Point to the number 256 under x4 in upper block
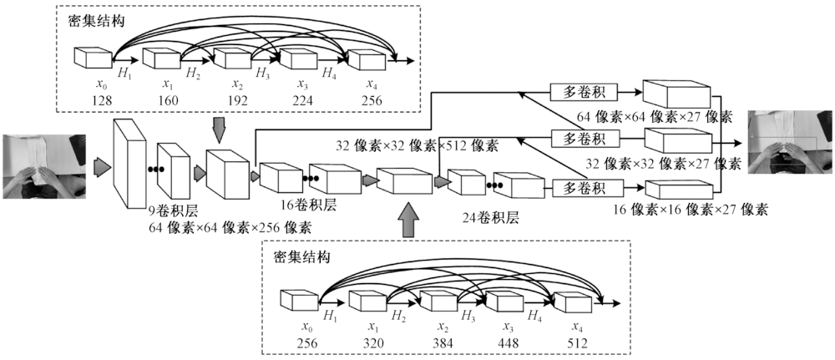(x=371, y=100)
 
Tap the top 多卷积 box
(x=581, y=90)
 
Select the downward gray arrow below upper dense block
(x=219, y=129)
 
